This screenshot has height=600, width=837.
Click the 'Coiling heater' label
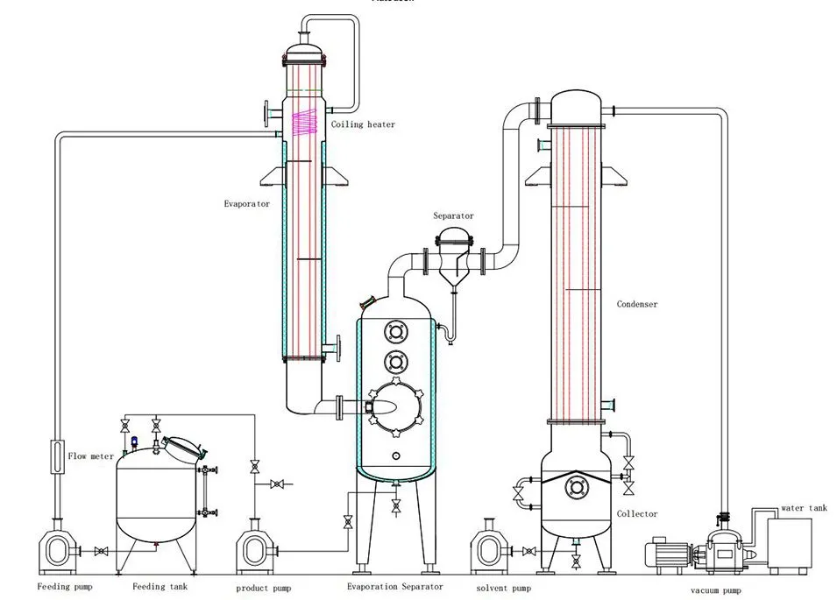pyautogui.click(x=363, y=124)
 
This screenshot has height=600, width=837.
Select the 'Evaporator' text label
pyautogui.click(x=246, y=203)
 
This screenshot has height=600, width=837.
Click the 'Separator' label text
pyautogui.click(x=453, y=215)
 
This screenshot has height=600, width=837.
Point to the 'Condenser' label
pyautogui.click(x=637, y=305)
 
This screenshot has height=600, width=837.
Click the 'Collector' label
pyautogui.click(x=636, y=513)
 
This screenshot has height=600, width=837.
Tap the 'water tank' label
pyautogui.click(x=804, y=508)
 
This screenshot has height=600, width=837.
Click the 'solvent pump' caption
pyautogui.click(x=503, y=587)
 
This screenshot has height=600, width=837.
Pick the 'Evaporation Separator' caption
pyautogui.click(x=394, y=587)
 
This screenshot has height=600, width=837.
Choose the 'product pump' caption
pyautogui.click(x=264, y=588)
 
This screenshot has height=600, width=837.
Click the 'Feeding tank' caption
pyautogui.click(x=160, y=587)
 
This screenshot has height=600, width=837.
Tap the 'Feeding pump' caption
pyautogui.click(x=65, y=587)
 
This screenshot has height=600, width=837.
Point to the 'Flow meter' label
pyautogui.click(x=90, y=456)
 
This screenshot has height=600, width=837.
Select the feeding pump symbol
pyautogui.click(x=57, y=549)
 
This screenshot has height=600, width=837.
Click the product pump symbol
pyautogui.click(x=256, y=549)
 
